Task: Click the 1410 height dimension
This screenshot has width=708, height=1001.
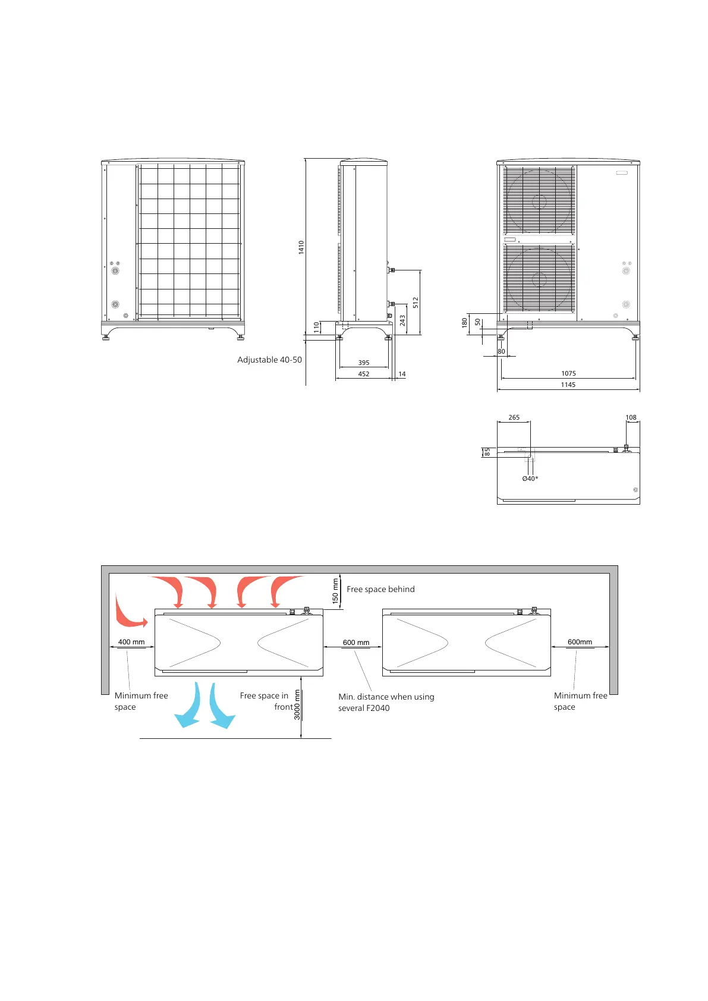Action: click(x=301, y=247)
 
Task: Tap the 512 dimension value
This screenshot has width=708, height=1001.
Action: click(x=416, y=302)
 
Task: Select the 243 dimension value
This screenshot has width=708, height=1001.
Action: click(x=402, y=320)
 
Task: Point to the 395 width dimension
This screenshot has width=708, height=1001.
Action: click(x=364, y=363)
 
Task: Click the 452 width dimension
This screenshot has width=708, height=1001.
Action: click(x=364, y=374)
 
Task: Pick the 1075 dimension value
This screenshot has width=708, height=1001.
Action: click(x=568, y=373)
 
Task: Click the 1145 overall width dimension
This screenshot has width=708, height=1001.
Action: click(x=568, y=385)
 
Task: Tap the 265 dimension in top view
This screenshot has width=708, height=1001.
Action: click(x=514, y=417)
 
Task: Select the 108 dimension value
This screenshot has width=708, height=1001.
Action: click(x=631, y=417)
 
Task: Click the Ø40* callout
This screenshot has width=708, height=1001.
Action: click(x=530, y=479)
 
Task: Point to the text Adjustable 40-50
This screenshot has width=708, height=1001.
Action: click(x=269, y=360)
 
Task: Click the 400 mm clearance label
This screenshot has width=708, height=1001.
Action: click(x=131, y=642)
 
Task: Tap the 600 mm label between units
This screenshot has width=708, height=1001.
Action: click(x=356, y=643)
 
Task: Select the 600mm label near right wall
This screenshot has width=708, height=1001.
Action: click(x=580, y=642)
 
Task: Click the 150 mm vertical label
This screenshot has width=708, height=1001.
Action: click(x=335, y=591)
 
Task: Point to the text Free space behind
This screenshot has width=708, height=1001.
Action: click(x=380, y=589)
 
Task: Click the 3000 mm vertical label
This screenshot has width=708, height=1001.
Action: click(x=297, y=704)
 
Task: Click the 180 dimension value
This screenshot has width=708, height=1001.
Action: click(x=465, y=322)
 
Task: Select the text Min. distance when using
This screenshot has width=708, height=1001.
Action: click(x=386, y=697)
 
